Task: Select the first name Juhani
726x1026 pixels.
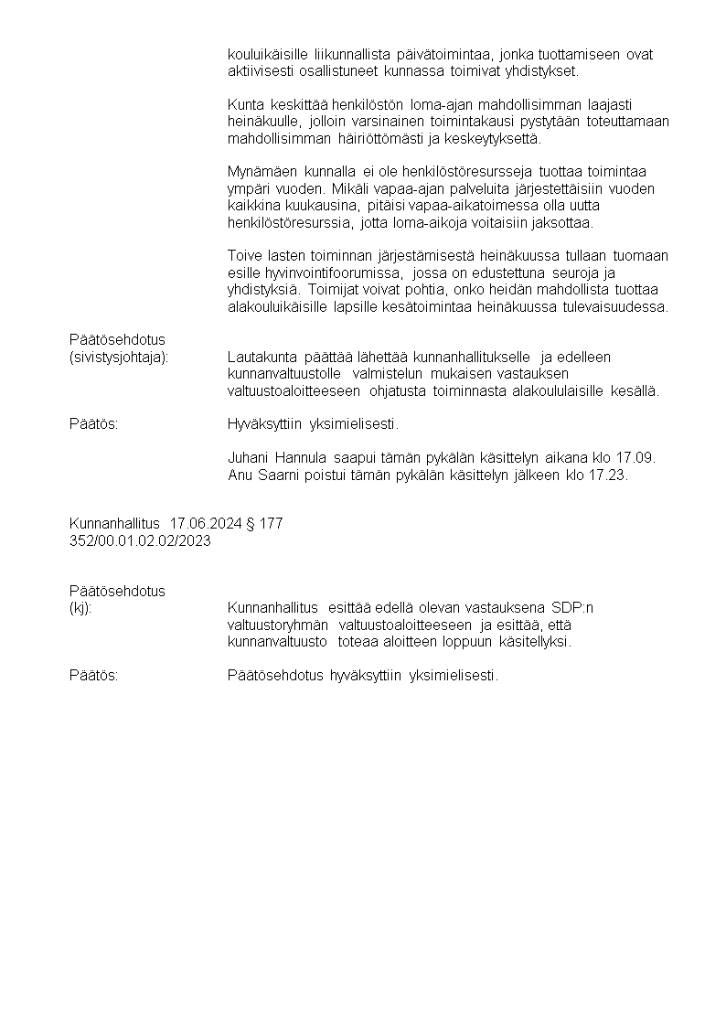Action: click(248, 456)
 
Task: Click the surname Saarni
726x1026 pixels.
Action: click(274, 474)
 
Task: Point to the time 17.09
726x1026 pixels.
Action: click(635, 456)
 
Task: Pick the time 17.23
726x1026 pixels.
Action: click(608, 474)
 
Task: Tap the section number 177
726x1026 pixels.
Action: click(272, 524)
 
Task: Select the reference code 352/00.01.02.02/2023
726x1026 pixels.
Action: click(140, 540)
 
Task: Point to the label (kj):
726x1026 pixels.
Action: click(80, 607)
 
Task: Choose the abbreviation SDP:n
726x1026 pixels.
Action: click(571, 607)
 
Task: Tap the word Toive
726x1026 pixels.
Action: click(243, 255)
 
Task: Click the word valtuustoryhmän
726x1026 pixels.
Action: click(278, 625)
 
